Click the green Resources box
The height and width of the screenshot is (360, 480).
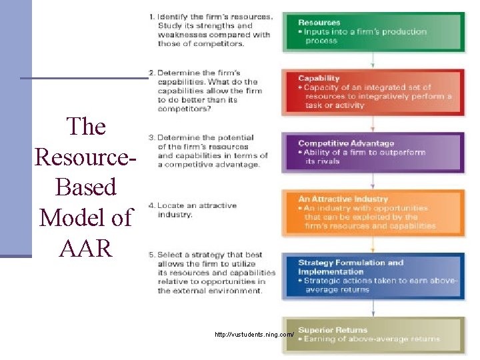point(373,31)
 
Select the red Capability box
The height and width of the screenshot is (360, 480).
point(373,92)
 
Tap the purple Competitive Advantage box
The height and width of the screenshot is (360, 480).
point(373,152)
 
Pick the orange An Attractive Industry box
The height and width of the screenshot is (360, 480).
point(373,213)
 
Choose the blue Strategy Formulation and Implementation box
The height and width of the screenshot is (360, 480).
point(373,275)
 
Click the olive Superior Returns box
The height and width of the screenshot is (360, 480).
point(373,334)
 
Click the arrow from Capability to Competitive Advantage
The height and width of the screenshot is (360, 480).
point(373,123)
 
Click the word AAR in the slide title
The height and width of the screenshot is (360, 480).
point(87,247)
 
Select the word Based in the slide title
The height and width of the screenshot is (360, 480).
point(87,187)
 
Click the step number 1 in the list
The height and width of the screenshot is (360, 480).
point(151,17)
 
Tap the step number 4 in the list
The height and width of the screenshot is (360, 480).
point(151,205)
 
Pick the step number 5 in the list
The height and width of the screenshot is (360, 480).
point(151,255)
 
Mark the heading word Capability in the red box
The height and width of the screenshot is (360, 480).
point(319,79)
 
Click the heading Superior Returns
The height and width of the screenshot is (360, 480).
point(333,330)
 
